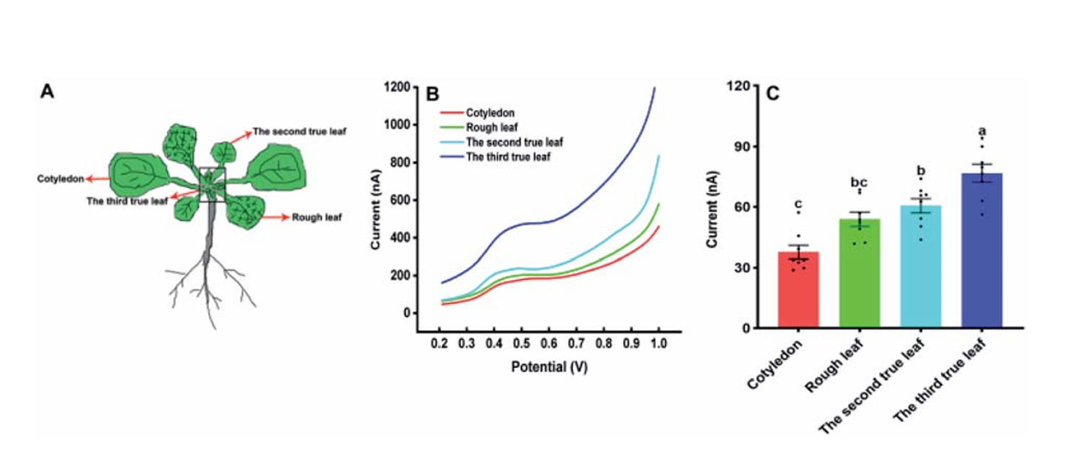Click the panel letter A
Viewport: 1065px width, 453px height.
tap(48, 91)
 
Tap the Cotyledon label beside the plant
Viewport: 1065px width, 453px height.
tap(61, 178)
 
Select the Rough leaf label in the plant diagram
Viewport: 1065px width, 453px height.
tap(317, 217)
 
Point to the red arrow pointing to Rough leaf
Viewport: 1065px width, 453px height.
tap(275, 216)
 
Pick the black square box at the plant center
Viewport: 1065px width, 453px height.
tap(212, 184)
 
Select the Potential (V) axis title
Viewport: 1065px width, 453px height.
tap(549, 367)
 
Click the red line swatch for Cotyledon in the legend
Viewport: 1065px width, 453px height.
tap(451, 112)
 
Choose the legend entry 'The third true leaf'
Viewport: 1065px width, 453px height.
tap(508, 156)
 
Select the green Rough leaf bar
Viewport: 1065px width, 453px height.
tap(859, 274)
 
